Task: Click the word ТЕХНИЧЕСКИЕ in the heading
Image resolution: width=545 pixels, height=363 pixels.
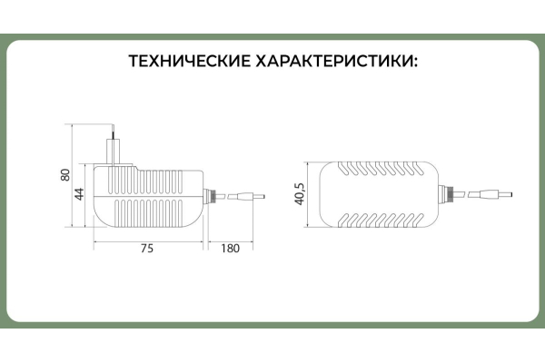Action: coord(190,61)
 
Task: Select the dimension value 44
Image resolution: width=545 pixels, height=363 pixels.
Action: coord(80,194)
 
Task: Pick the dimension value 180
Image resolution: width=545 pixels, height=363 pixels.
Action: coord(230,248)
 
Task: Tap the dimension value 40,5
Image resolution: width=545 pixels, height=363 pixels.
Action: coord(299,195)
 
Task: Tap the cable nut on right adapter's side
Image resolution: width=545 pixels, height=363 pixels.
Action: coord(445,194)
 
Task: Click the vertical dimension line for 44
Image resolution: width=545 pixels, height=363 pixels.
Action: coord(86,196)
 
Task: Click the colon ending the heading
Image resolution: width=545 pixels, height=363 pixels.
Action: coord(415,63)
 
